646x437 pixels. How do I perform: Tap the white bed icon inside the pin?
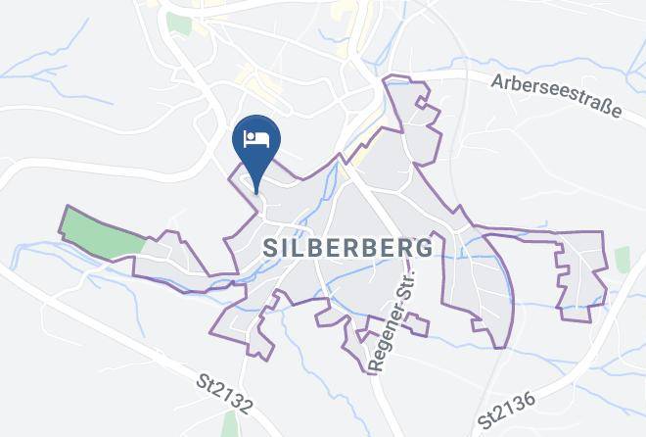pyautogui.click(x=256, y=136)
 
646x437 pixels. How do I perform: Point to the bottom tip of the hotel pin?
pyautogui.click(x=256, y=192)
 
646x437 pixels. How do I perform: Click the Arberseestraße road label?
pyautogui.click(x=558, y=98)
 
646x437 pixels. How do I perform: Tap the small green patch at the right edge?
pyautogui.click(x=623, y=260)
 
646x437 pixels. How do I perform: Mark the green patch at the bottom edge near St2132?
pyautogui.click(x=230, y=424)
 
